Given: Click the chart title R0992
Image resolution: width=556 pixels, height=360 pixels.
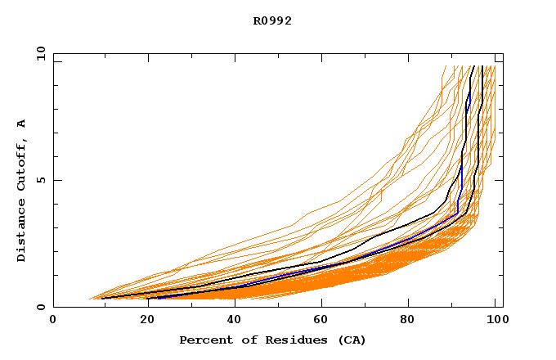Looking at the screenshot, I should [272, 21].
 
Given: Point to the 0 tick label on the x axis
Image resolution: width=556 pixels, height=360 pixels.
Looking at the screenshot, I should [53, 320].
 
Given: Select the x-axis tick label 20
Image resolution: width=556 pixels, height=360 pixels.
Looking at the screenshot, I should [142, 320].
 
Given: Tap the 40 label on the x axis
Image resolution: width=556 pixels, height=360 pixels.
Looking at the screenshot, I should [231, 320].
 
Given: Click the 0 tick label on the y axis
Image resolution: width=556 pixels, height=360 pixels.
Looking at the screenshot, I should [41, 308].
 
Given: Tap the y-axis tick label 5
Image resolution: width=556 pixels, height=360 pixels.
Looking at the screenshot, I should [41, 180].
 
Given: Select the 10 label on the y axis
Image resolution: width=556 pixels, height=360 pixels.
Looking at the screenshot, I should [38, 53].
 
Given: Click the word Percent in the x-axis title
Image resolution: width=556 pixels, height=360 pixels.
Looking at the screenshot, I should [204, 340].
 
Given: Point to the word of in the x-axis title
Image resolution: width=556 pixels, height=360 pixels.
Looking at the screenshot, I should [241, 340].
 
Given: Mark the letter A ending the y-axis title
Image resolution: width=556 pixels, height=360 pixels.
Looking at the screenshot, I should [21, 124].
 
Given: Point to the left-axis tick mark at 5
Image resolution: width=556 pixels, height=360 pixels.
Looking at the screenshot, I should [56, 180].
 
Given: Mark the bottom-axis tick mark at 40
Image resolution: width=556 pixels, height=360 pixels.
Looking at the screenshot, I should [231, 304].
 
